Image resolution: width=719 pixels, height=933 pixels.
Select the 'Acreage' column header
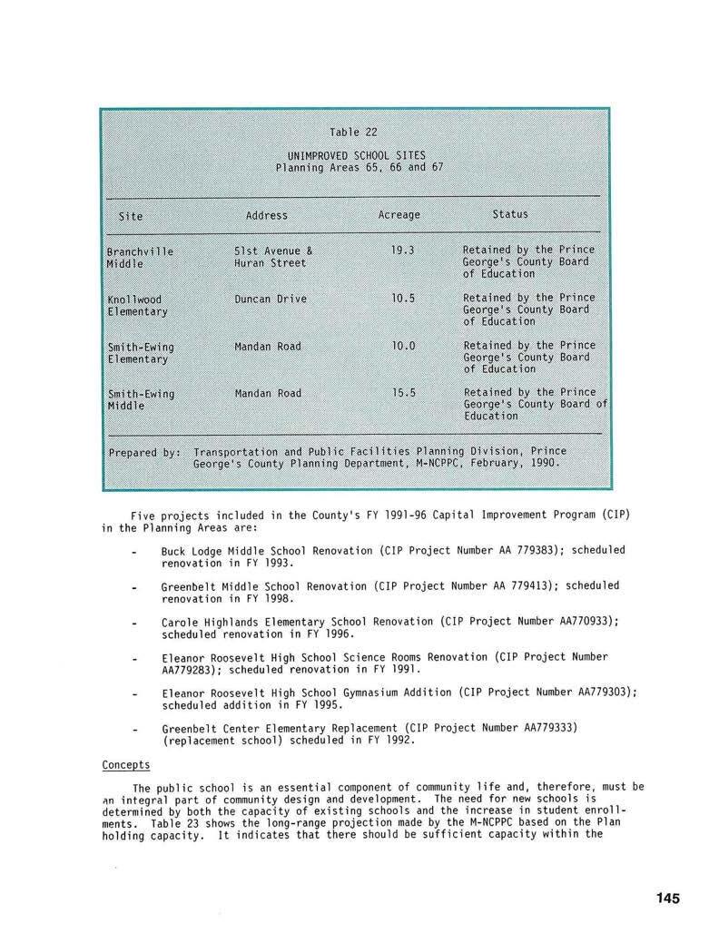(399, 215)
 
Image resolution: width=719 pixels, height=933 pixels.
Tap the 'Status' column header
(509, 214)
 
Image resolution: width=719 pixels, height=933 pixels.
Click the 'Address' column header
(266, 215)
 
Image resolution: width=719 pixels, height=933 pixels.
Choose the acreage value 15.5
(403, 393)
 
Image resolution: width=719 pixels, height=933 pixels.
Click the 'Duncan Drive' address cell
(270, 299)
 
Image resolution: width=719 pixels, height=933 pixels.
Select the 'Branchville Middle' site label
(140, 257)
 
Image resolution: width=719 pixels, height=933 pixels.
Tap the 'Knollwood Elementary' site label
(137, 305)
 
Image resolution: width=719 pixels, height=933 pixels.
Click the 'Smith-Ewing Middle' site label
(141, 399)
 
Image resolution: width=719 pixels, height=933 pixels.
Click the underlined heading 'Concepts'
(125, 765)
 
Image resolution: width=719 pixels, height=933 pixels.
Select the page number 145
(667, 899)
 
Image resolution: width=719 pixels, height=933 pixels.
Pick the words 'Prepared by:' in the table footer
(144, 451)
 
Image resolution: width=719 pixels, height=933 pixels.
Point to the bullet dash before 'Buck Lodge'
(134, 552)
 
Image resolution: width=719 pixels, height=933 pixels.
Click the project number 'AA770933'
(584, 621)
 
